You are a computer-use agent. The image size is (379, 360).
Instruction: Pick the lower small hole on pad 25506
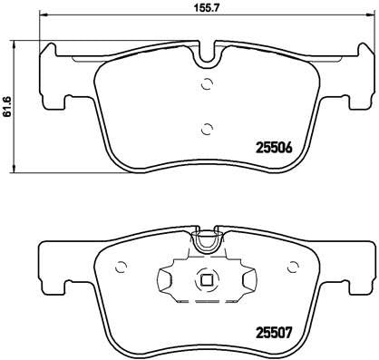point(208,127)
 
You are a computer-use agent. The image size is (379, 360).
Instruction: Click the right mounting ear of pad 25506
point(363,73)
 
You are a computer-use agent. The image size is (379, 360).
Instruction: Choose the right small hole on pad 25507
point(292,266)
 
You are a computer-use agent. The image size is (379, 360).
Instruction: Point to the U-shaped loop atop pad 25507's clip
point(208,241)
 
